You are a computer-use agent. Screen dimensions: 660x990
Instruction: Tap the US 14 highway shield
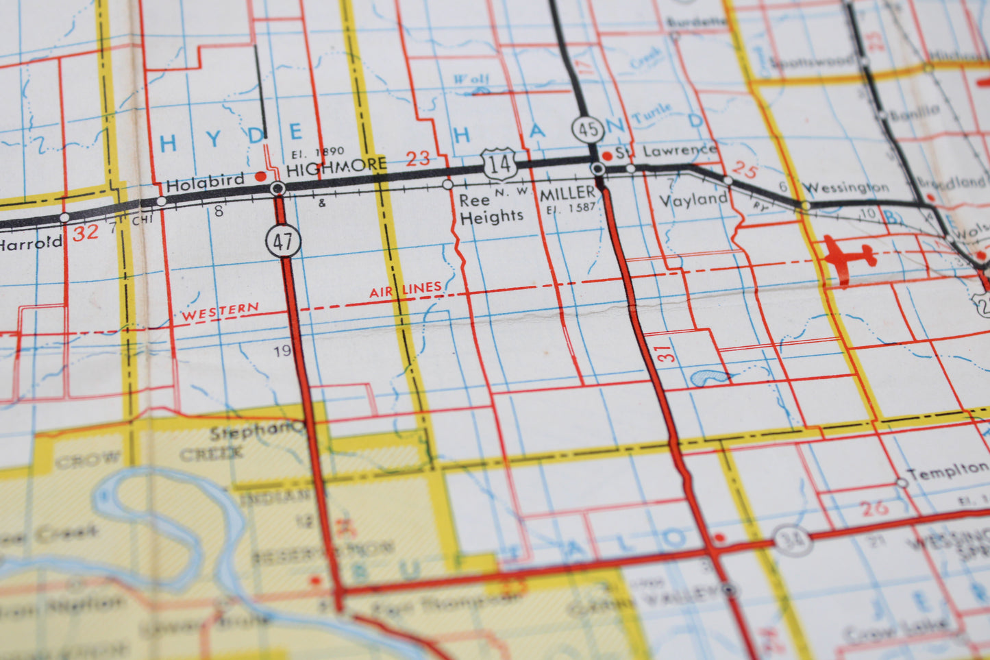(499, 164)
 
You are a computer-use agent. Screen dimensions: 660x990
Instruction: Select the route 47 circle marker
(283, 241)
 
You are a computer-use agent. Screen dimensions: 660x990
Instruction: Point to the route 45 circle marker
(588, 129)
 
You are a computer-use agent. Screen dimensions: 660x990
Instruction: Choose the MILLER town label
(567, 194)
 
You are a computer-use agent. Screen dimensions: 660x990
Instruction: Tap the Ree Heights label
(490, 209)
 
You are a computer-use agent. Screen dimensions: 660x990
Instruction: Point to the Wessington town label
(845, 186)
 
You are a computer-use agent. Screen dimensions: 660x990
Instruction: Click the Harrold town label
(31, 242)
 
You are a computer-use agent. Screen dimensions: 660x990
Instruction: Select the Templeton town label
(948, 470)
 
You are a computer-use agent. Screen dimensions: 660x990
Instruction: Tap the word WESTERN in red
(220, 312)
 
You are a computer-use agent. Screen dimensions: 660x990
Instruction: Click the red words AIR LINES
(406, 290)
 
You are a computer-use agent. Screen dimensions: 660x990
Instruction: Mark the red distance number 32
(86, 233)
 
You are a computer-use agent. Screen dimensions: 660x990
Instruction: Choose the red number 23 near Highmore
(417, 159)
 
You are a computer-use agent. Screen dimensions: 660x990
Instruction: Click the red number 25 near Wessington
(744, 169)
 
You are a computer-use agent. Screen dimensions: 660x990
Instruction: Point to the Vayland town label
(693, 199)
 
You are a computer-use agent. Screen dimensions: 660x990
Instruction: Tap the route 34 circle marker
(793, 541)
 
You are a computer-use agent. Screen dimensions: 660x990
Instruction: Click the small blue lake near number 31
(710, 377)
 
